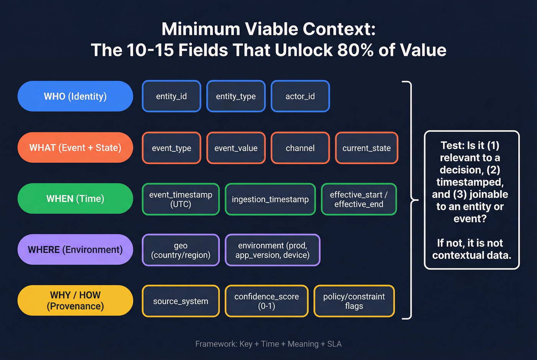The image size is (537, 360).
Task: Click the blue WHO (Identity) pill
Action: click(x=75, y=96)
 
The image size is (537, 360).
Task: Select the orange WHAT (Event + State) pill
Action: click(x=75, y=148)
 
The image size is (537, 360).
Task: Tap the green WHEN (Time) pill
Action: click(x=75, y=199)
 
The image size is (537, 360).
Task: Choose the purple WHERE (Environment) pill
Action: click(x=75, y=250)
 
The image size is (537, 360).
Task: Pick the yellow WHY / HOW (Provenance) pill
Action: click(x=75, y=301)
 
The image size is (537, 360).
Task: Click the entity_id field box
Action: click(x=171, y=96)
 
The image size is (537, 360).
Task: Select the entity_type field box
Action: click(x=236, y=96)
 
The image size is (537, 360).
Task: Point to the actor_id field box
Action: click(x=300, y=96)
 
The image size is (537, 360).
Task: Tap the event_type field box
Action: click(x=171, y=148)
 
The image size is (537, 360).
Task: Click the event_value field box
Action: click(x=236, y=148)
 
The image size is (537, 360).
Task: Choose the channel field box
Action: click(x=300, y=148)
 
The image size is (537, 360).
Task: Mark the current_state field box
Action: click(x=366, y=148)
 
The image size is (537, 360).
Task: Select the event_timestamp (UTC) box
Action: click(x=181, y=199)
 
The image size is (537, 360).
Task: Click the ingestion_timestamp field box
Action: click(x=270, y=199)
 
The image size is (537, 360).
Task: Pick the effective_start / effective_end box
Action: click(x=359, y=199)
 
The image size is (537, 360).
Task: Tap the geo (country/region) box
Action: click(x=181, y=250)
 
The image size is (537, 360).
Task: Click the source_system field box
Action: click(x=181, y=301)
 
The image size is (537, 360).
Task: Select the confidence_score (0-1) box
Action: click(x=267, y=301)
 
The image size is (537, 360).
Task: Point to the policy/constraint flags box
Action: click(x=354, y=301)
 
